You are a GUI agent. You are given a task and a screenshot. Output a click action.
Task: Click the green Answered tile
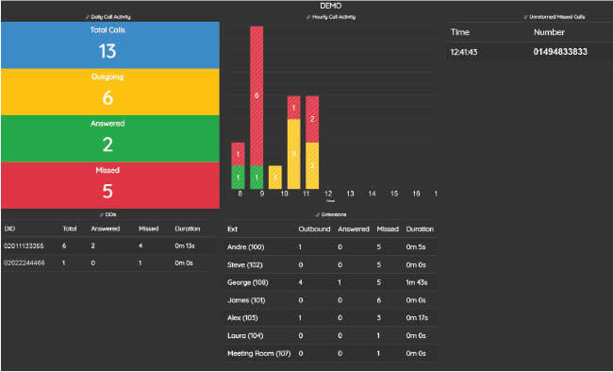point(109,138)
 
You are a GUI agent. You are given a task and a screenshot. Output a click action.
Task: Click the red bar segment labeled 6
point(257,95)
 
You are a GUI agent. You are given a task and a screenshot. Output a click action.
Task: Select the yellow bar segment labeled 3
point(293,153)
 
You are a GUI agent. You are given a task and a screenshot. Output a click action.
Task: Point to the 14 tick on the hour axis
point(372,194)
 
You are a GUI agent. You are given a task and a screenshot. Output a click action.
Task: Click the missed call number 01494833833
point(565,53)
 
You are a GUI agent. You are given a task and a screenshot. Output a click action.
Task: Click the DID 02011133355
point(24,245)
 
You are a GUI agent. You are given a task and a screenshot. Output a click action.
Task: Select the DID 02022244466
point(24,263)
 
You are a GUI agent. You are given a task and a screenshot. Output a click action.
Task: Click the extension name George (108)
point(248,281)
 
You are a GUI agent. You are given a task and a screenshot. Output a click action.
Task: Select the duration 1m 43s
point(419,281)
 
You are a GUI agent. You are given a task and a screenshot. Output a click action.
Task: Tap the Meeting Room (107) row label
point(257,353)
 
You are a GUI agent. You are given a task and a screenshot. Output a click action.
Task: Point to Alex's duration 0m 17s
point(419,317)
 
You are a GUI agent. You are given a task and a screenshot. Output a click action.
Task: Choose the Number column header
point(548,31)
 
